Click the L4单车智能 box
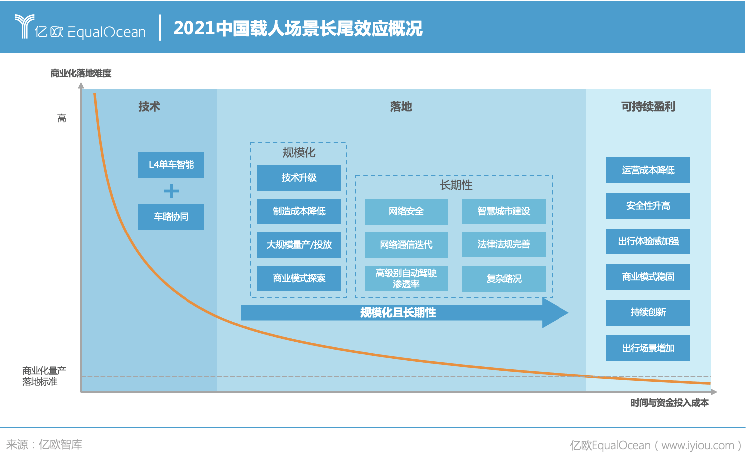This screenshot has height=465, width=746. [171, 165]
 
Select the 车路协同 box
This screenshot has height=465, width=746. [171, 217]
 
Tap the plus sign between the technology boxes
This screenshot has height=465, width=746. [171, 191]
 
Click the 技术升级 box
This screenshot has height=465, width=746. [299, 178]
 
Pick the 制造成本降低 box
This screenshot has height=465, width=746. [299, 211]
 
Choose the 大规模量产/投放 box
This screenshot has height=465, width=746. [299, 245]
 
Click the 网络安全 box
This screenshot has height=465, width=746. [406, 211]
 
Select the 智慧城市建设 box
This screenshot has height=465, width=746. [504, 211]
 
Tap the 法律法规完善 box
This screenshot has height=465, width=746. [504, 244]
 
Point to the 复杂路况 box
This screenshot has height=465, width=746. [504, 279]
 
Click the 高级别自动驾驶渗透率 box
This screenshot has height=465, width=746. [406, 278]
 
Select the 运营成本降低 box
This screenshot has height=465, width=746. [648, 170]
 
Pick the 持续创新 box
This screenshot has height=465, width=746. [648, 313]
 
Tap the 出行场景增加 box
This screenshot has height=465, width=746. [648, 348]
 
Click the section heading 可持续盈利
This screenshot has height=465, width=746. [648, 107]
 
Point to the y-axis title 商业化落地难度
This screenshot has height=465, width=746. [81, 73]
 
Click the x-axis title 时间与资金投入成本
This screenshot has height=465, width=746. [669, 403]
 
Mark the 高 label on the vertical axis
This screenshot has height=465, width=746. [62, 118]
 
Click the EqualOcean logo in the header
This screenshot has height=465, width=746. [80, 28]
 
